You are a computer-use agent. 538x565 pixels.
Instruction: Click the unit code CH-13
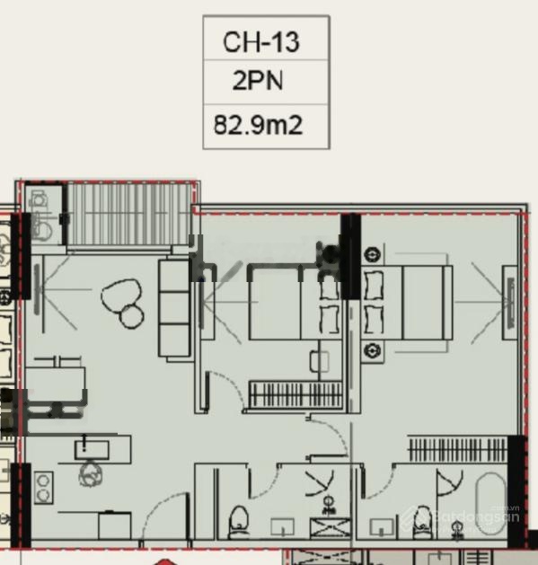pyautogui.click(x=260, y=42)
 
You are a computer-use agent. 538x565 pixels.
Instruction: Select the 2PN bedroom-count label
pyautogui.click(x=258, y=80)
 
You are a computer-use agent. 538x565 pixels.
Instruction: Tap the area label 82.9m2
pyautogui.click(x=258, y=125)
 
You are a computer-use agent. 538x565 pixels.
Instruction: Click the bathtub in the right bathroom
pyautogui.click(x=490, y=504)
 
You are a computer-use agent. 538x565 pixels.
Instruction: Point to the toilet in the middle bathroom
pyautogui.click(x=239, y=522)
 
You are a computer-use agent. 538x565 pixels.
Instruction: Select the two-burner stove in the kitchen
pyautogui.click(x=44, y=488)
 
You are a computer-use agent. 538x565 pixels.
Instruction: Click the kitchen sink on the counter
pyautogui.click(x=92, y=450)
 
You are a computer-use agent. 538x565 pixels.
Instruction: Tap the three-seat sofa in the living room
pyautogui.click(x=174, y=308)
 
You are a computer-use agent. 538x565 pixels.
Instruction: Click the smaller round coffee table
pyautogui.click(x=131, y=316)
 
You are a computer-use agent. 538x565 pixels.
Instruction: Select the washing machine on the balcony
pyautogui.click(x=41, y=215)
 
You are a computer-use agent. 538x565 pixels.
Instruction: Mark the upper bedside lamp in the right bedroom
pyautogui.click(x=372, y=254)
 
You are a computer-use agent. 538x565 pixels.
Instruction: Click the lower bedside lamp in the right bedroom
pyautogui.click(x=372, y=350)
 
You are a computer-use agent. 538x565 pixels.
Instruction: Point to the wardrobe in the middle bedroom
pyautogui.click(x=295, y=394)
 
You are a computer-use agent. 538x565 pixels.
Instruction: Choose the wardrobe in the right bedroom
pyautogui.click(x=458, y=449)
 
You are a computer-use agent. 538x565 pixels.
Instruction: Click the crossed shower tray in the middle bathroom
pyautogui.click(x=331, y=528)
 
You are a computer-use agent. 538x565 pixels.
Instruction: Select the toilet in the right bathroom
pyautogui.click(x=423, y=522)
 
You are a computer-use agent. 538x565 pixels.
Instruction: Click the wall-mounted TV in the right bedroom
pyautogui.click(x=511, y=302)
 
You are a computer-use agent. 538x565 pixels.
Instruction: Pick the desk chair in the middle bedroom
pyautogui.click(x=319, y=361)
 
